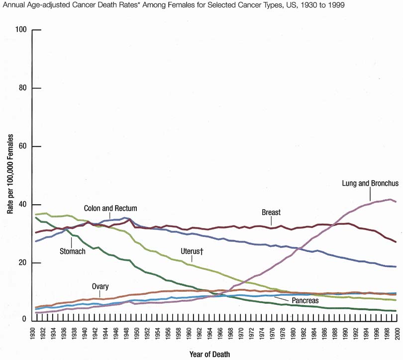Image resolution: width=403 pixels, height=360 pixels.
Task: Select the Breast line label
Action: [x=271, y=213]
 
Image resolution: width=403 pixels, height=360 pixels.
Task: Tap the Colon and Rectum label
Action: [x=110, y=208]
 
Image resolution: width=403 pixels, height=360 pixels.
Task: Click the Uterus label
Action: [x=192, y=251]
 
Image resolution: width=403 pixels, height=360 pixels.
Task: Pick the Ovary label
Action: [x=100, y=286]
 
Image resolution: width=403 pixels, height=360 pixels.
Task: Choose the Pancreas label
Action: [x=305, y=300]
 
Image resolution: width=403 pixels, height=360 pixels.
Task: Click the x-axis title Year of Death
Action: [x=209, y=354]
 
